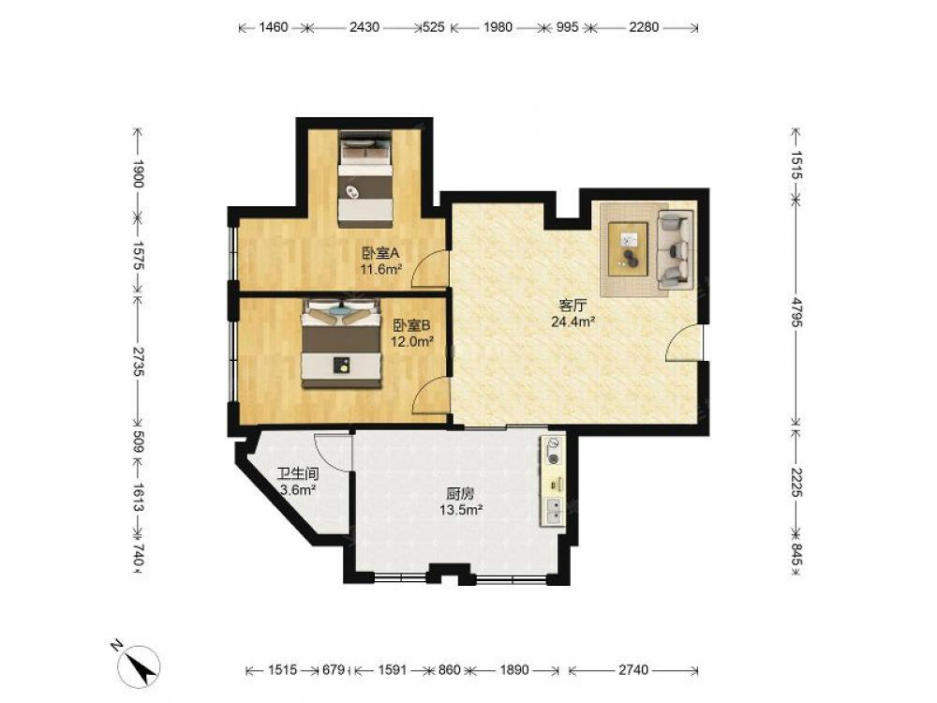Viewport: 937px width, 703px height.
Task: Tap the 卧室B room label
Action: (411, 326)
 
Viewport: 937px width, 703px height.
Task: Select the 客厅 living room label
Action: (572, 306)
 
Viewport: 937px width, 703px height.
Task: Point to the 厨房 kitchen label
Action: (461, 494)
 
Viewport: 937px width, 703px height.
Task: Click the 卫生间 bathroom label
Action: (298, 474)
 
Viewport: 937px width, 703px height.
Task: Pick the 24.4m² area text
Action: (573, 322)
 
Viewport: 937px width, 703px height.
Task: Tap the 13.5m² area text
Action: (461, 510)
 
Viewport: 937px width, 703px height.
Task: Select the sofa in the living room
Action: (674, 250)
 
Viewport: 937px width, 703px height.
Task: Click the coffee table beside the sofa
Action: (628, 248)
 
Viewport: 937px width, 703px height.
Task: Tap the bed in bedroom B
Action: (341, 344)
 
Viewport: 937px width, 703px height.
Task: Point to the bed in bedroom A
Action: (365, 179)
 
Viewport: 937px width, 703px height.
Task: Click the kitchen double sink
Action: (554, 511)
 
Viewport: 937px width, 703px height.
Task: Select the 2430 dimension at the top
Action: (364, 27)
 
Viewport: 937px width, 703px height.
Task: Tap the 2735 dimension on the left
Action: (138, 361)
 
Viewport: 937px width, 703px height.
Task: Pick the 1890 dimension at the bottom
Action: (513, 670)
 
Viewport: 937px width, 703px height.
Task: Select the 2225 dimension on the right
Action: (796, 481)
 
